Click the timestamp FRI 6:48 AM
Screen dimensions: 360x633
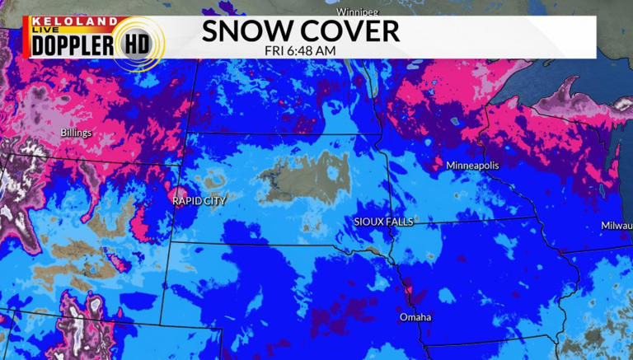click(x=301, y=52)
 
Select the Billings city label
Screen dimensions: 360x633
click(x=76, y=133)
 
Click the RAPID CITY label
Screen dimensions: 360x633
click(x=199, y=200)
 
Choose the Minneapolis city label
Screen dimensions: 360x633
click(x=472, y=166)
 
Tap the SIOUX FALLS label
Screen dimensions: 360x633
click(x=382, y=222)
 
